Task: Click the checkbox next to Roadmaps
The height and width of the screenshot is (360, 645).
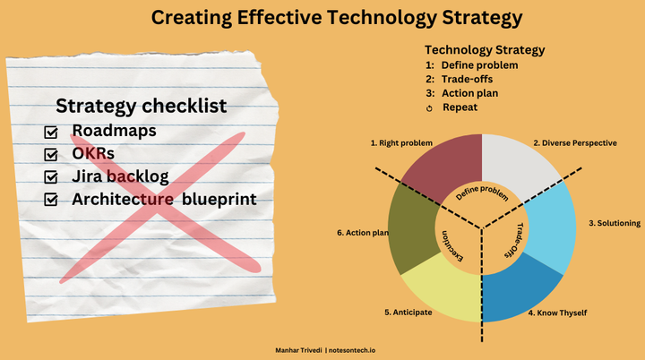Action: (x=51, y=133)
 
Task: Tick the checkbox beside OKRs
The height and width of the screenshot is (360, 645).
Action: (x=51, y=155)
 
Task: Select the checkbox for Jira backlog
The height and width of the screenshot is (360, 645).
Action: (x=51, y=177)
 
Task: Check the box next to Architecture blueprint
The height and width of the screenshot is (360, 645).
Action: (x=51, y=200)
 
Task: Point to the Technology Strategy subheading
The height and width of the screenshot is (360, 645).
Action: (x=485, y=50)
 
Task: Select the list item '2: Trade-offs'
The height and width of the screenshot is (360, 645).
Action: (x=466, y=79)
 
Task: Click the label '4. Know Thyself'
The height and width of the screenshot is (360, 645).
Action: (x=557, y=313)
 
